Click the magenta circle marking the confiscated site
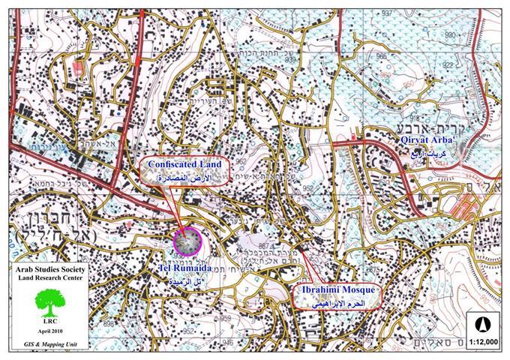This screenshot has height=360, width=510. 187,241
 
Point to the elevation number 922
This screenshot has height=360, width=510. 448,64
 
